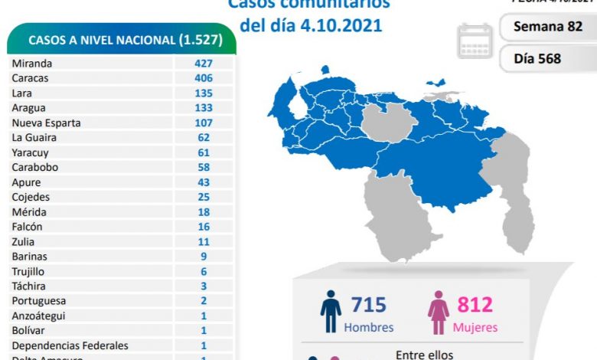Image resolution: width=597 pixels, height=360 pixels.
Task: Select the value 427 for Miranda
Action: pyautogui.click(x=203, y=64)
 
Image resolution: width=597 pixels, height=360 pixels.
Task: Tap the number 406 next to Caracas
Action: pyautogui.click(x=203, y=78)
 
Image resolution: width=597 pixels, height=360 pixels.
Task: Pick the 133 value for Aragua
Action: pyautogui.click(x=203, y=108)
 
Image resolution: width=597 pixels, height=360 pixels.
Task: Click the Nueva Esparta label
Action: pyautogui.click(x=46, y=123)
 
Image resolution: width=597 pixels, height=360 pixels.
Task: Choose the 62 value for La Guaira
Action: pyautogui.click(x=203, y=138)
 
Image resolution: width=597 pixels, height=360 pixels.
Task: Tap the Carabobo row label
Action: pyautogui.click(x=35, y=167)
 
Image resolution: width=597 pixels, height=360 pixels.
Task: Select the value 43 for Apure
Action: pyautogui.click(x=203, y=182)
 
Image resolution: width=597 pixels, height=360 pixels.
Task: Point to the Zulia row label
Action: pyautogui.click(x=24, y=241)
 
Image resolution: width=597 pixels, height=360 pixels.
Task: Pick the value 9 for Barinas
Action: pyautogui.click(x=203, y=257)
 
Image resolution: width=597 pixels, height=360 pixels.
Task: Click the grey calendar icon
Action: pyautogui.click(x=475, y=41)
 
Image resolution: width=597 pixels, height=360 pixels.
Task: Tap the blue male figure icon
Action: pyautogui.click(x=331, y=311)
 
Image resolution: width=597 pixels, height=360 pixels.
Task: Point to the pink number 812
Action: pyautogui.click(x=475, y=306)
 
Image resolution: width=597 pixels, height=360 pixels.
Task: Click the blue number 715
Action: pyautogui.click(x=369, y=306)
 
